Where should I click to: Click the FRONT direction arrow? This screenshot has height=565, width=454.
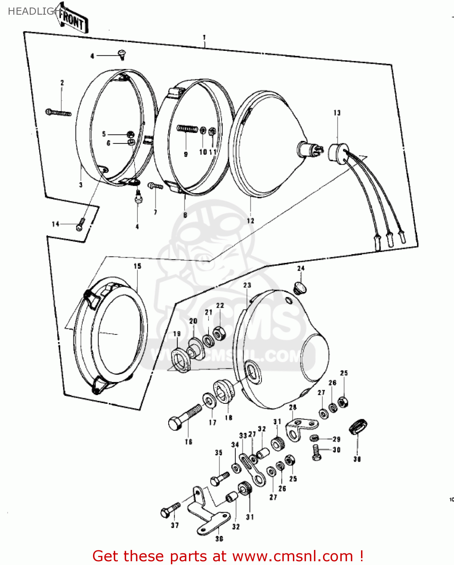pyautogui.click(x=73, y=21)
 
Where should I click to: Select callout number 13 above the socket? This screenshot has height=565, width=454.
pyautogui.click(x=337, y=113)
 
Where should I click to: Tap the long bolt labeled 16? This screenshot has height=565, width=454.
pyautogui.click(x=185, y=417)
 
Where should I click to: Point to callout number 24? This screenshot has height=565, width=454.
pyautogui.click(x=301, y=268)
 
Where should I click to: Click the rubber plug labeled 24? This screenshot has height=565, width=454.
pyautogui.click(x=300, y=288)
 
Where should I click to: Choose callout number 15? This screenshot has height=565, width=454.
pyautogui.click(x=137, y=266)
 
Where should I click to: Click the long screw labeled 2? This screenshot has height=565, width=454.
pyautogui.click(x=58, y=112)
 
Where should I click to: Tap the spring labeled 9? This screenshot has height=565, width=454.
pyautogui.click(x=187, y=129)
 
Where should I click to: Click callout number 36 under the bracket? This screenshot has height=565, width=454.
pyautogui.click(x=219, y=539)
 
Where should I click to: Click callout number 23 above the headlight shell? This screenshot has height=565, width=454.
pyautogui.click(x=247, y=285)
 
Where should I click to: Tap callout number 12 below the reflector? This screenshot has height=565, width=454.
pyautogui.click(x=250, y=221)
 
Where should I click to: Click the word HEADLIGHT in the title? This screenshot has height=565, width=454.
pyautogui.click(x=32, y=11)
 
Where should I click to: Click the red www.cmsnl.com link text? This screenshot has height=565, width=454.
pyautogui.click(x=292, y=556)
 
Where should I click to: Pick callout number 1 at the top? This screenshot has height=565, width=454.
pyautogui.click(x=204, y=38)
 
